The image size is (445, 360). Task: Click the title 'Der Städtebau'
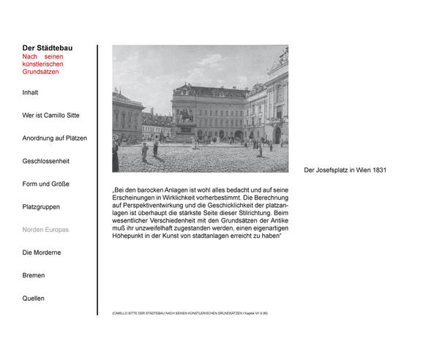tap(48, 48)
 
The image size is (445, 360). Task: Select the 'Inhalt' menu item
tap(30, 93)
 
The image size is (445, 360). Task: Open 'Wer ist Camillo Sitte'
tap(51, 116)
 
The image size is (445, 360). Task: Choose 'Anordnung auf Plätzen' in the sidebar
tap(55, 138)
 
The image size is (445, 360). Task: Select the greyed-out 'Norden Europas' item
tap(45, 230)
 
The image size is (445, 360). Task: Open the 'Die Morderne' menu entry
tap(42, 252)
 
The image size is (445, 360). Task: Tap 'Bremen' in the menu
tap(34, 276)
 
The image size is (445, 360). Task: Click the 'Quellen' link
tap(33, 299)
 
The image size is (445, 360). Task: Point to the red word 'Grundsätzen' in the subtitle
tap(40, 72)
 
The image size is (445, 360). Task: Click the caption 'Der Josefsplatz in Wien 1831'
tap(345, 170)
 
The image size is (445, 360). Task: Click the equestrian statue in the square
tap(186, 119)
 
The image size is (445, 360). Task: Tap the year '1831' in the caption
tap(379, 170)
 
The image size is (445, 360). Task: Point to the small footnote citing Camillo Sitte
tap(190, 313)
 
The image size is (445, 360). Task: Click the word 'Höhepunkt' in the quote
tap(128, 237)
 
